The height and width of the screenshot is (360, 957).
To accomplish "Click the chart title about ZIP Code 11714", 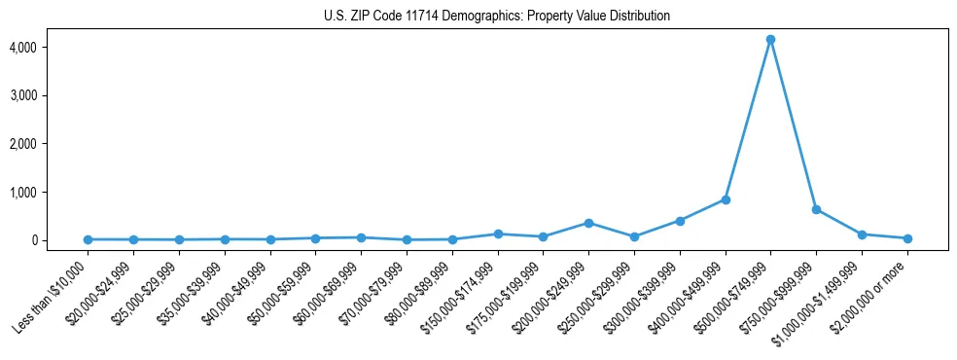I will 497,17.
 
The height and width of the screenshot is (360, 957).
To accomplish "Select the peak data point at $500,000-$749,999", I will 770,40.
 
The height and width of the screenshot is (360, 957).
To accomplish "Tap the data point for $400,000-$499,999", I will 726,199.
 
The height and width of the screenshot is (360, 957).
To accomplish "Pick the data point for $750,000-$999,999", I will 816,209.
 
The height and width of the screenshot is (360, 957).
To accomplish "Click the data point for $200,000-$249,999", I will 588,223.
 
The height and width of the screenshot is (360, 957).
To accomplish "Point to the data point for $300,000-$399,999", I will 680,221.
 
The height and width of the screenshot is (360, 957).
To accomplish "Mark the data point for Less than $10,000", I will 88,239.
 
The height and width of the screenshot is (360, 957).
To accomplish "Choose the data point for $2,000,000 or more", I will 907,238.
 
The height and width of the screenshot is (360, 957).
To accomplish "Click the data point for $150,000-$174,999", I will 498,234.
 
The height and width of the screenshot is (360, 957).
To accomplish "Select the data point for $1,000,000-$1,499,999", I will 862,234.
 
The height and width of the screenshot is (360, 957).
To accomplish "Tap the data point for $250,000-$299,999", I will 634,236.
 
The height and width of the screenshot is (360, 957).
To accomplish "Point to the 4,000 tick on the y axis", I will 51,48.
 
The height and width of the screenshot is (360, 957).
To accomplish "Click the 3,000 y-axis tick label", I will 51,96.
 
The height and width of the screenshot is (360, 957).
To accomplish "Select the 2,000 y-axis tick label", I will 51,144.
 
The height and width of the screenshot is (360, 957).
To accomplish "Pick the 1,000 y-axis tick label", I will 51,193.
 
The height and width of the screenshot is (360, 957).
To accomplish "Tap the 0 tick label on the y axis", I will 59,240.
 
